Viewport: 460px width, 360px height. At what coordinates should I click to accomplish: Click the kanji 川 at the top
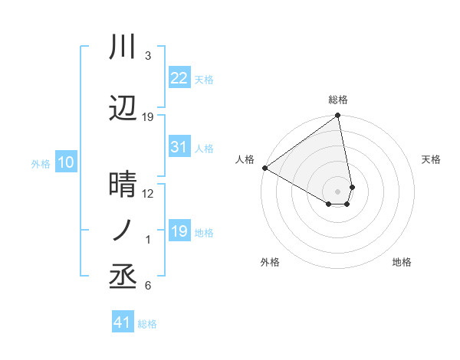[123, 47]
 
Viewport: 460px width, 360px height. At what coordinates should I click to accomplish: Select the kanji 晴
[123, 185]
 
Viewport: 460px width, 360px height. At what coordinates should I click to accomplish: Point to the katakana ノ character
[123, 231]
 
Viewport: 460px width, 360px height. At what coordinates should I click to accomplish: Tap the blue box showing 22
[179, 78]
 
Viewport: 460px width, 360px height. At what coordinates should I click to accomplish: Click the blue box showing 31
[179, 147]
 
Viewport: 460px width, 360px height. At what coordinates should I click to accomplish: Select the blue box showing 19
[179, 231]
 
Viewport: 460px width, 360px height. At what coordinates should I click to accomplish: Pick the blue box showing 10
[65, 162]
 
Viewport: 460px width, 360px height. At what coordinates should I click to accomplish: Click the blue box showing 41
[123, 322]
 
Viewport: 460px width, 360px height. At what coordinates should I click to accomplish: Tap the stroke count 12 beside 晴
[149, 194]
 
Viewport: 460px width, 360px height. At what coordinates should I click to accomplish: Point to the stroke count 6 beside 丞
[148, 286]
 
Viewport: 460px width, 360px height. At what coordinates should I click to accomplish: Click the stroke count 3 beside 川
[148, 56]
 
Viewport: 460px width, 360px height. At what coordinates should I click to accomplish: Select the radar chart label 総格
[338, 100]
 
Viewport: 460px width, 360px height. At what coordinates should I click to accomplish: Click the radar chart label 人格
[245, 159]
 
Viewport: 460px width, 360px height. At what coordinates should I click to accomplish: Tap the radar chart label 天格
[432, 159]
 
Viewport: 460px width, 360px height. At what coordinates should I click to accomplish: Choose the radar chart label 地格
[402, 262]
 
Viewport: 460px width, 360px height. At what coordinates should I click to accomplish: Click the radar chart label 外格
[270, 262]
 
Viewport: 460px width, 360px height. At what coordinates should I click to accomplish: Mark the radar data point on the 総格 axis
[337, 116]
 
